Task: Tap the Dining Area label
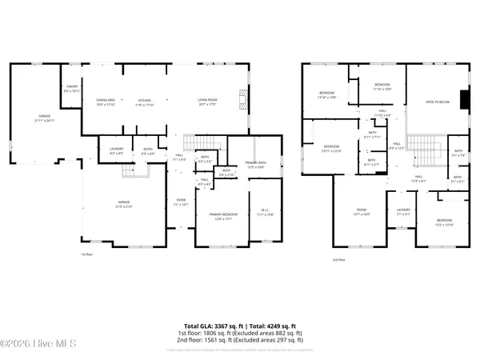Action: (106, 102)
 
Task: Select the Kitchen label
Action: (145, 102)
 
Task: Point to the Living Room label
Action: (208, 102)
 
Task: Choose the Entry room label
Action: (148, 150)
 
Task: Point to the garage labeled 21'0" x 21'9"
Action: (124, 204)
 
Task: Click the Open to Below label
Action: (436, 102)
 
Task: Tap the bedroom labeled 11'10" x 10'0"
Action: (382, 86)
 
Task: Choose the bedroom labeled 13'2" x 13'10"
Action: (444, 222)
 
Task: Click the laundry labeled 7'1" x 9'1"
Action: (402, 212)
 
